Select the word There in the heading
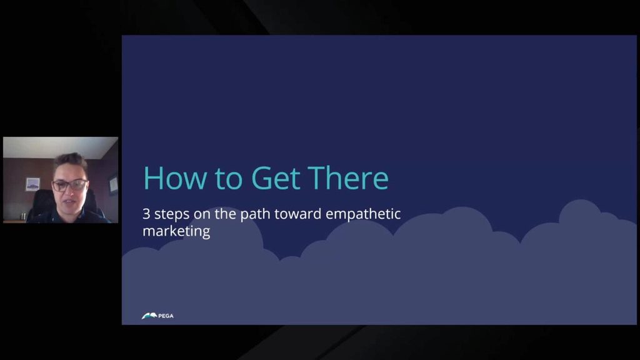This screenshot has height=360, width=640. pos(348,177)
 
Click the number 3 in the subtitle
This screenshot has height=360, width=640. pos(146,214)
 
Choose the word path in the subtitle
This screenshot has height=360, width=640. pos(255,214)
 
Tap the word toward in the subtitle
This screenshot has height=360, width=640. pos(297,214)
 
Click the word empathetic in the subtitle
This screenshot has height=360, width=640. pos(363,214)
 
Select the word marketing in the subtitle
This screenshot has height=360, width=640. pos(176,231)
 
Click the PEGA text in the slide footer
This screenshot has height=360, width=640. pos(166,316)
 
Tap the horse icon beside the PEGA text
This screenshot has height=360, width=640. pos(149,316)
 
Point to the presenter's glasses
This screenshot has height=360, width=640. pos(70,185)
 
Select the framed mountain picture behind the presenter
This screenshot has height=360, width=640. pos(32,184)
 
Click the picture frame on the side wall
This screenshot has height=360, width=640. pos(113,185)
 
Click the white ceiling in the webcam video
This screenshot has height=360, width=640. pos(61,147)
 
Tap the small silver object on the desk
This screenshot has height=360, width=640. pos(23,216)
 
